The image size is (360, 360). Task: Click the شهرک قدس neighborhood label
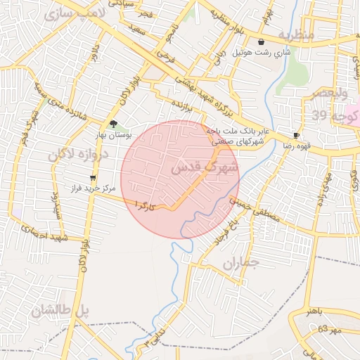pyautogui.click(x=204, y=167)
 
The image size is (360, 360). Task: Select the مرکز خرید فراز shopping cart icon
pyautogui.click(x=92, y=177)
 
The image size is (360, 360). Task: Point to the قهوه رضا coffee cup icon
pyautogui.click(x=296, y=135)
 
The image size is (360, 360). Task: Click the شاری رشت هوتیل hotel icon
pyautogui.click(x=262, y=41)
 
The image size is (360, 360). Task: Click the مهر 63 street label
pyautogui.click(x=328, y=329)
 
